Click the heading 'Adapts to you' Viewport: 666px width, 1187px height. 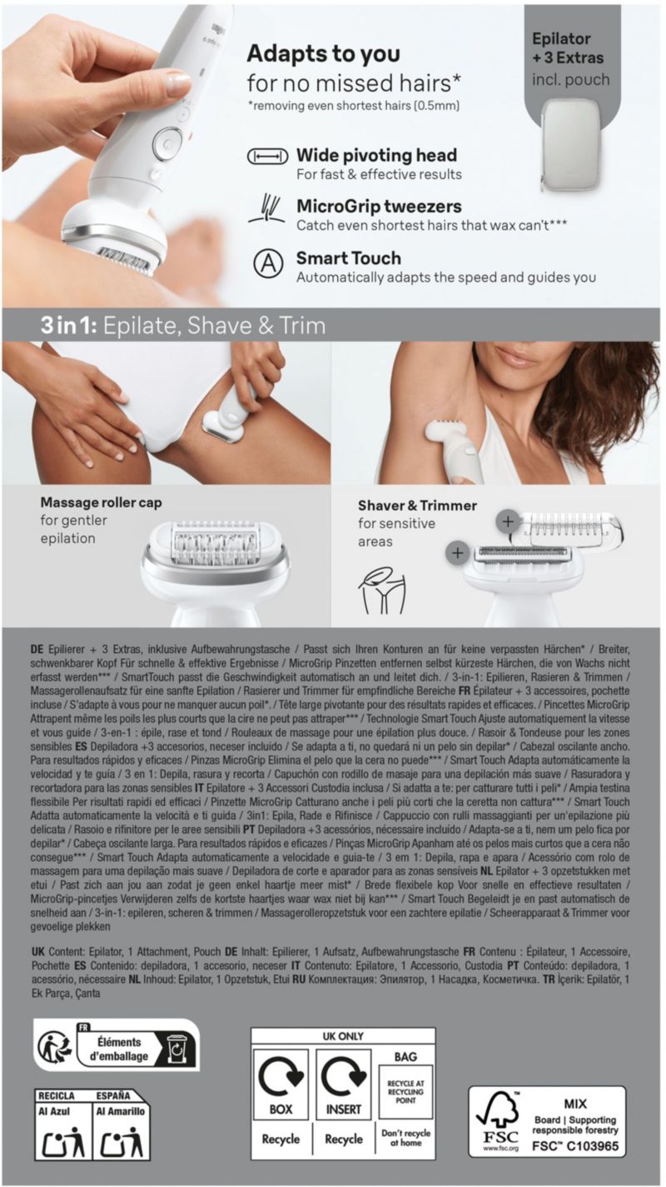[x=324, y=54]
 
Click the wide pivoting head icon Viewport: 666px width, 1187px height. [x=268, y=157]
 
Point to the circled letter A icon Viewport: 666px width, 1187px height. [x=268, y=264]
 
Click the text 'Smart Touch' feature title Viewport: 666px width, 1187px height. [x=348, y=258]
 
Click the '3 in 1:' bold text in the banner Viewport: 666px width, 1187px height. [x=68, y=326]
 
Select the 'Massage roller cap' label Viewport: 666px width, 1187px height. [x=101, y=502]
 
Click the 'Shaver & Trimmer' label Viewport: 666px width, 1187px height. [x=417, y=506]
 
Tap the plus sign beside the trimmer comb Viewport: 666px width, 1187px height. [x=507, y=522]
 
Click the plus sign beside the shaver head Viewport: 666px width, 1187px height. [x=457, y=554]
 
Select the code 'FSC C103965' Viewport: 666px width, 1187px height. [x=575, y=1145]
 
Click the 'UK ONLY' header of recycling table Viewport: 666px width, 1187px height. [x=343, y=1036]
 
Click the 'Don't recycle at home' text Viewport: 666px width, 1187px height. [x=405, y=1137]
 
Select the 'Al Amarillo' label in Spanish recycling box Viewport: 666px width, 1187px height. [x=120, y=1111]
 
